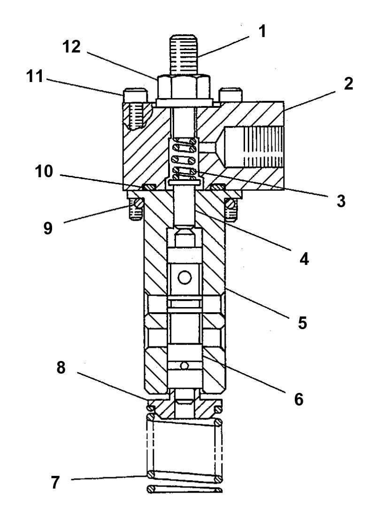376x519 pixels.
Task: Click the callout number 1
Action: click(x=262, y=32)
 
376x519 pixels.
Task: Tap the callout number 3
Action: click(x=341, y=201)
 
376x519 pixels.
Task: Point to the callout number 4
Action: click(x=304, y=259)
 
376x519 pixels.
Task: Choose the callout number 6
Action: click(x=299, y=399)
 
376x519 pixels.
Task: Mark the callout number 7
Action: click(x=55, y=482)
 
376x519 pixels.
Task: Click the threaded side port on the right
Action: click(x=253, y=147)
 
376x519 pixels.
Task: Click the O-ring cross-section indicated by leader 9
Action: click(x=138, y=203)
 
